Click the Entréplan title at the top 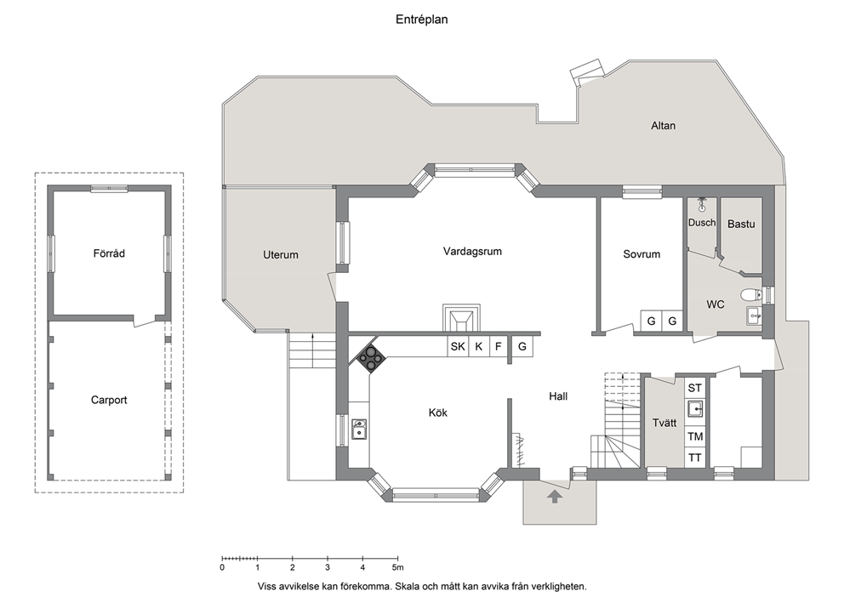421,20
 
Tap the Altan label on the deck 663,126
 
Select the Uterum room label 281,255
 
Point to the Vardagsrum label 472,251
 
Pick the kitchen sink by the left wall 359,429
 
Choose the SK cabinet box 458,346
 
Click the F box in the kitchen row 499,346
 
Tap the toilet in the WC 750,294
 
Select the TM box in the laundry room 695,437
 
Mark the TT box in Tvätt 695,458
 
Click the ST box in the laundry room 695,388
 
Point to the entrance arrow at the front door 555,496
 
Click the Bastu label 741,225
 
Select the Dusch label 702,223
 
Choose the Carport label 109,401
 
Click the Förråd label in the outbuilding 109,253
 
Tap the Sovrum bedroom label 642,254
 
